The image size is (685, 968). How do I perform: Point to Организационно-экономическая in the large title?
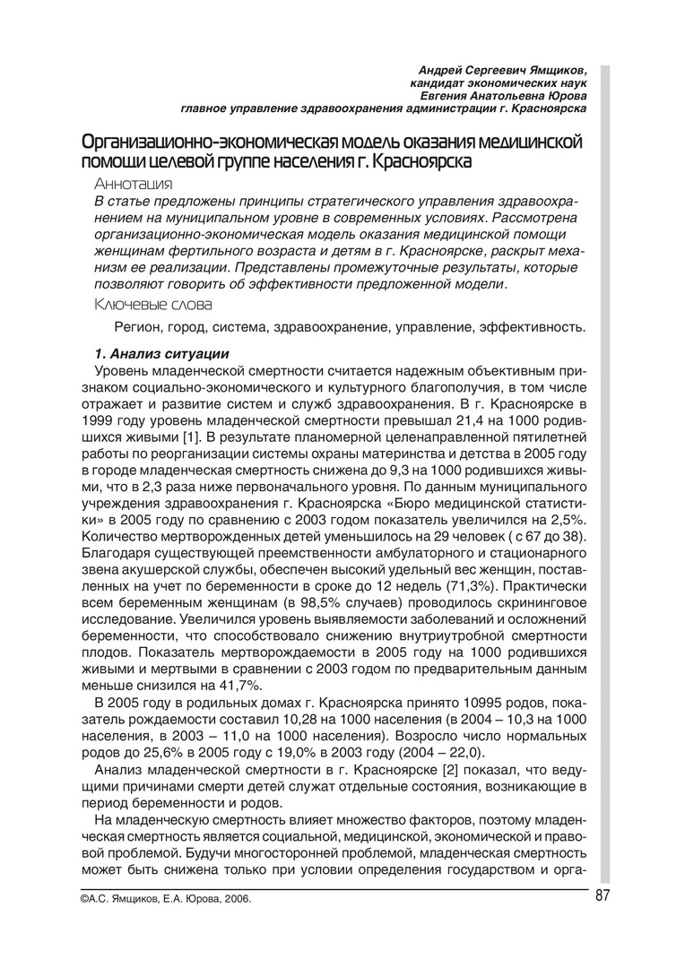(206, 143)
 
